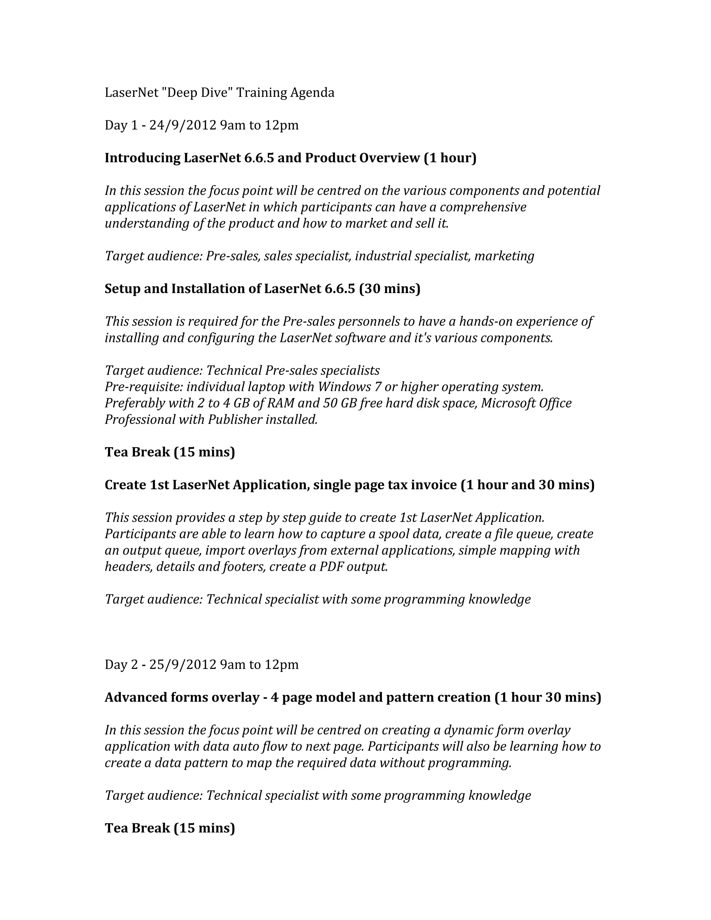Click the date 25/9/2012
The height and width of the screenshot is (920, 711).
coord(183,664)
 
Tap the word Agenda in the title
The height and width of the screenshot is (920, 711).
coord(312,93)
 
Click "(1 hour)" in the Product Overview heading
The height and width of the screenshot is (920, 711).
coord(450,158)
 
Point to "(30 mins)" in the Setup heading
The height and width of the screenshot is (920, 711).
coord(390,288)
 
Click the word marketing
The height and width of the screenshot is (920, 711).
coord(504,256)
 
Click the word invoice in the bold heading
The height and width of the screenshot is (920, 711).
coord(433,485)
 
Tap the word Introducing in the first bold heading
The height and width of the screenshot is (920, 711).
coord(142,158)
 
